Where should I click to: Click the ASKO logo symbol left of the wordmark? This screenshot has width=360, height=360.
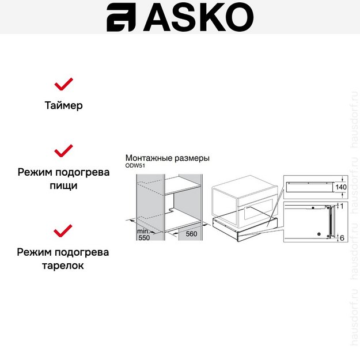(120, 18)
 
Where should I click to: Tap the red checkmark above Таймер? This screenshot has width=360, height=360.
(63, 84)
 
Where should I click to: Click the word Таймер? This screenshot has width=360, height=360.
(63, 105)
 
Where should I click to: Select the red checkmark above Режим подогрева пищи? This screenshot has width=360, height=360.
(63, 151)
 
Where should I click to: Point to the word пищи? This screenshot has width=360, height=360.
(63, 186)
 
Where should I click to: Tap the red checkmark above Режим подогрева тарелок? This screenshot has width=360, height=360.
(63, 231)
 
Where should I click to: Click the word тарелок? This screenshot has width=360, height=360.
(63, 266)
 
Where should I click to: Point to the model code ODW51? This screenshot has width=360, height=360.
(135, 165)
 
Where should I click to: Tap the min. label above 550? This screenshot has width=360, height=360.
(143, 230)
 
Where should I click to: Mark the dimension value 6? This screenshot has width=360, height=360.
(342, 237)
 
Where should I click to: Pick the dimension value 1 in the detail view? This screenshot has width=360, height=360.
(341, 206)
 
